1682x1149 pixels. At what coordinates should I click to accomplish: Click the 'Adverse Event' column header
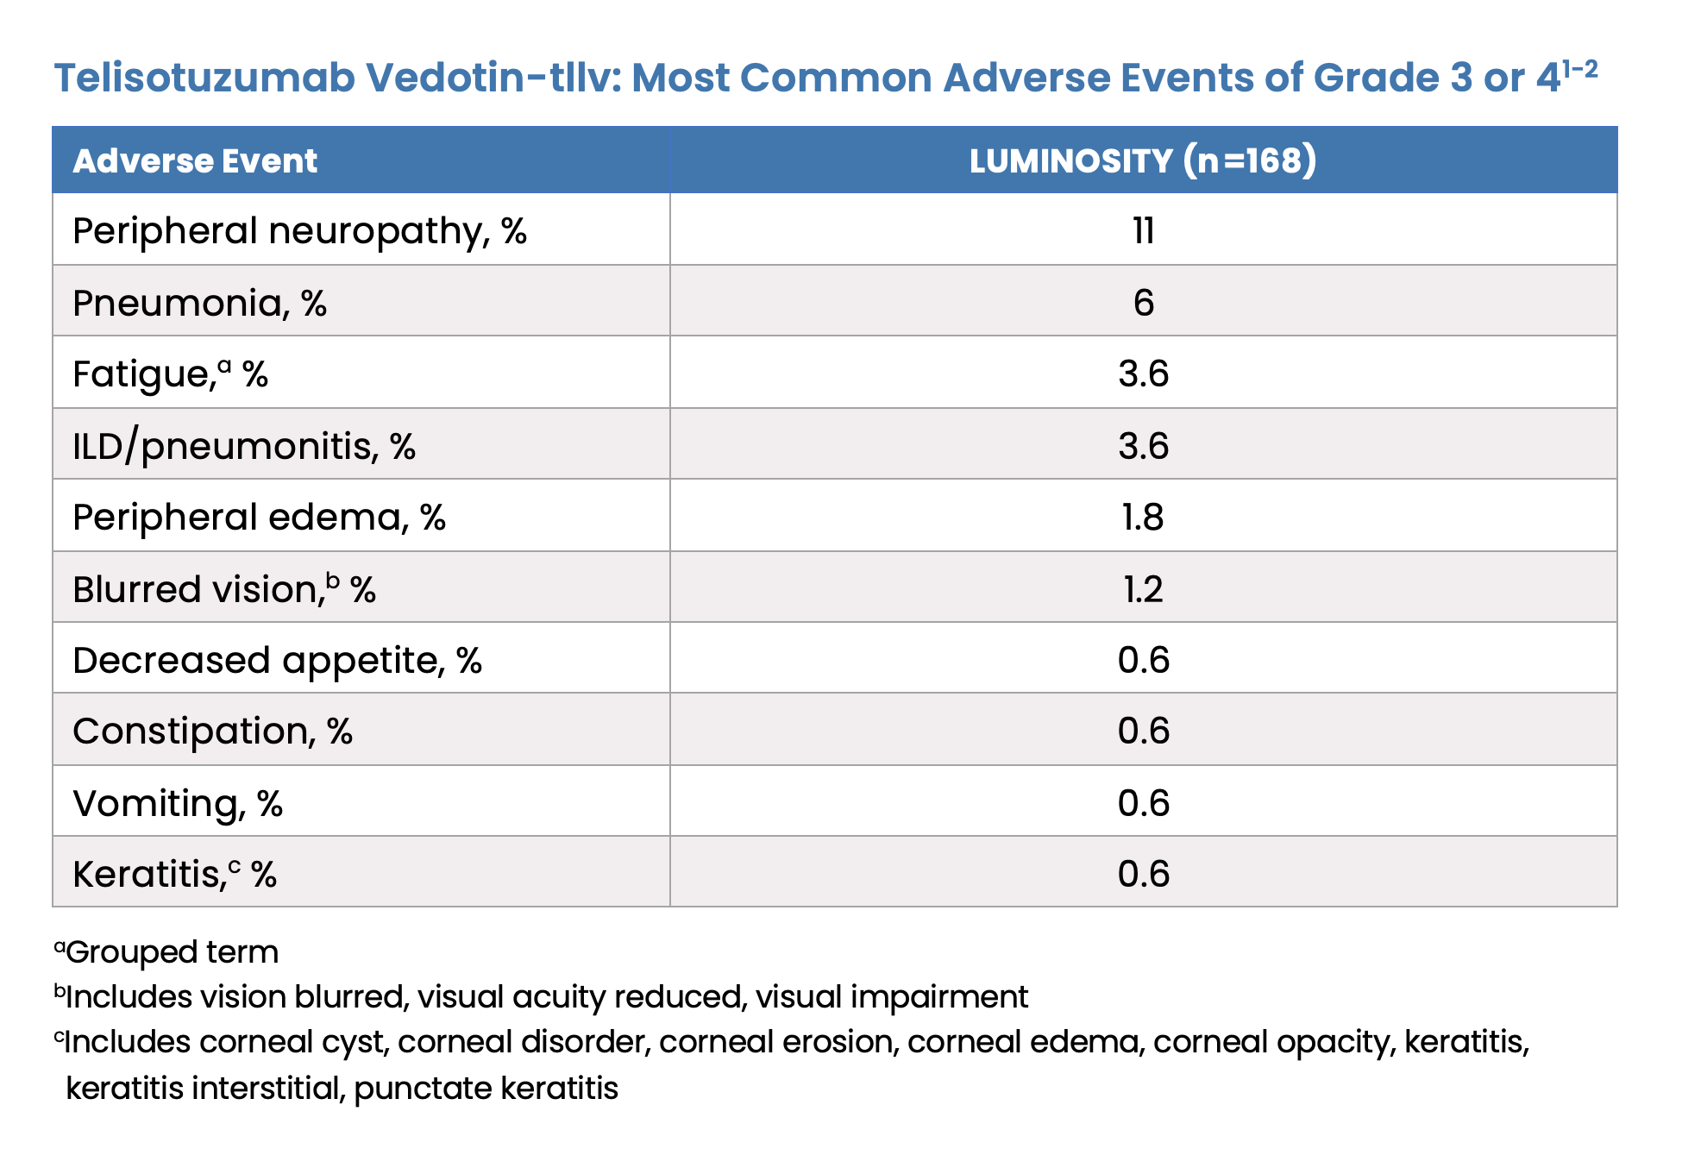pyautogui.click(x=195, y=161)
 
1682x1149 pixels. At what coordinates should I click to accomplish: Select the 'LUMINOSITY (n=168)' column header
pyautogui.click(x=1143, y=161)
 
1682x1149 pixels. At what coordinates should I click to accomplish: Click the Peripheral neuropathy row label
pyautogui.click(x=299, y=231)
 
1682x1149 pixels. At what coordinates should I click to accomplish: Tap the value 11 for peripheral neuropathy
pyautogui.click(x=1143, y=231)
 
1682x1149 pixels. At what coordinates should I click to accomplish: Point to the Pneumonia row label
pyautogui.click(x=199, y=304)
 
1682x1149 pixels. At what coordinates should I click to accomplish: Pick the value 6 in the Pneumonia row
pyautogui.click(x=1143, y=303)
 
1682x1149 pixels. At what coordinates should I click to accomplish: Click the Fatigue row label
pyautogui.click(x=170, y=374)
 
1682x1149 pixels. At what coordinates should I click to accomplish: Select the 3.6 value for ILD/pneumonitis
pyautogui.click(x=1143, y=446)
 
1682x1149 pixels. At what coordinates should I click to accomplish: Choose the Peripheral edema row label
pyautogui.click(x=259, y=518)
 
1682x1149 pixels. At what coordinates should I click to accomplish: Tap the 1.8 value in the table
pyautogui.click(x=1143, y=517)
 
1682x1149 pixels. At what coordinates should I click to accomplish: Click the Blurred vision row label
pyautogui.click(x=224, y=589)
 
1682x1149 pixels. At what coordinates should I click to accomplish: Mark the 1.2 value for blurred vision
pyautogui.click(x=1143, y=589)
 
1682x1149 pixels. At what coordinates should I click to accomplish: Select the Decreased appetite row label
pyautogui.click(x=277, y=661)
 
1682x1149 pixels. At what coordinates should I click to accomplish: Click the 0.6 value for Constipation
pyautogui.click(x=1143, y=731)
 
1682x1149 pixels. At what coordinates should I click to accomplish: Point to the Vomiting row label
pyautogui.click(x=178, y=804)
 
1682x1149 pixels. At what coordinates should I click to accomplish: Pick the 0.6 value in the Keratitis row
pyautogui.click(x=1143, y=874)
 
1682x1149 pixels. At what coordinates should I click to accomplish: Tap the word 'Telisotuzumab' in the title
pyautogui.click(x=204, y=78)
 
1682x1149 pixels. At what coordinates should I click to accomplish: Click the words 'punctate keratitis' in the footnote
pyautogui.click(x=486, y=1089)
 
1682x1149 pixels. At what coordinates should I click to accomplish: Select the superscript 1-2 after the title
pyautogui.click(x=1580, y=68)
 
